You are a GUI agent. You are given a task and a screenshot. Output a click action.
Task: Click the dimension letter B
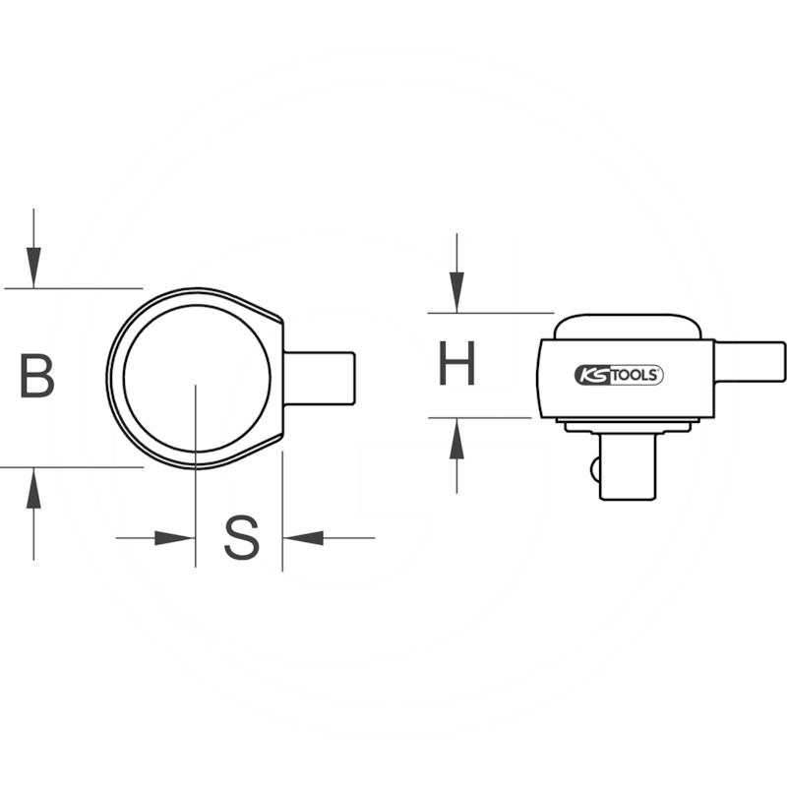coord(37,377)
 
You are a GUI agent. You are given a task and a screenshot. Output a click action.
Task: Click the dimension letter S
coord(241,538)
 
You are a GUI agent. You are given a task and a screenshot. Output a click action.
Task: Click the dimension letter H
coord(457,364)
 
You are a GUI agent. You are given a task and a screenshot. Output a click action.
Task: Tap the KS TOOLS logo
coord(619,374)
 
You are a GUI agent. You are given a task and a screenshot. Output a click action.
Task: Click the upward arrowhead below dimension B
coord(34,489)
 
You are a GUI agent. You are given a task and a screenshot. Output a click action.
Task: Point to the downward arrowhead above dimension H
coord(456,291)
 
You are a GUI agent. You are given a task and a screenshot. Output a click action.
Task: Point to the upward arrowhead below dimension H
coord(456,440)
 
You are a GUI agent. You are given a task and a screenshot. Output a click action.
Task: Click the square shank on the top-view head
coord(320,378)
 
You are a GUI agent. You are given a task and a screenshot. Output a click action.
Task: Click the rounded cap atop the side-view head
coord(628,327)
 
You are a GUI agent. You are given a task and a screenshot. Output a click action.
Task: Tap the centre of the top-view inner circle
coord(196,378)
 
